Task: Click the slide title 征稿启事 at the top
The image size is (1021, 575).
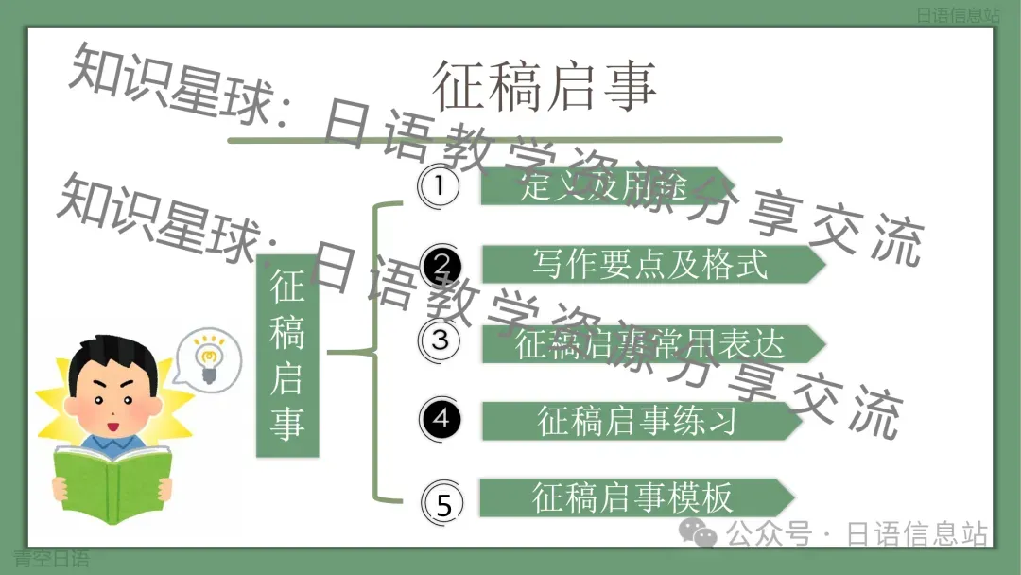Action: point(545,86)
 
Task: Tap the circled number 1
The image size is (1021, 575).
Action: point(439,185)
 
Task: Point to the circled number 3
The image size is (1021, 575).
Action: point(440,340)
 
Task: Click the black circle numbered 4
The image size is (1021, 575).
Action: point(441,417)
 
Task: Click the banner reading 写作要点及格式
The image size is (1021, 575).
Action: point(650,265)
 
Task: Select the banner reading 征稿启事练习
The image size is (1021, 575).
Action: point(638,420)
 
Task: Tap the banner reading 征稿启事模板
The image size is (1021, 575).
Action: point(633,497)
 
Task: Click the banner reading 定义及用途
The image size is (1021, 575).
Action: point(605,186)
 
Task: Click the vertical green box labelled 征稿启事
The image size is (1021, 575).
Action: point(287,357)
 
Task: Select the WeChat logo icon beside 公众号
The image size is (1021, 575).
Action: point(701,535)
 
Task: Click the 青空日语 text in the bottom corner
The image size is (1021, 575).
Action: point(52,559)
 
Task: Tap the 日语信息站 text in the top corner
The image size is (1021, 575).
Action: point(957,15)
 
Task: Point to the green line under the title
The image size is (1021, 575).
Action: point(505,140)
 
